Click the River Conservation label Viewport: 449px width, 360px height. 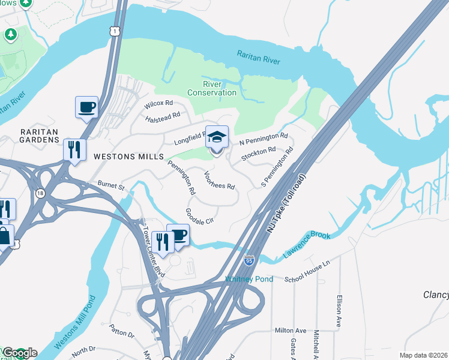[x=211, y=88]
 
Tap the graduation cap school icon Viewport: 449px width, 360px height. [x=217, y=138]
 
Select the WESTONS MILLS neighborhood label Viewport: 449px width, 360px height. [x=128, y=157]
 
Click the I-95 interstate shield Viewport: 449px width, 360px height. [x=249, y=260]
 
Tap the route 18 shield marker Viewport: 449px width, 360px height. [x=40, y=193]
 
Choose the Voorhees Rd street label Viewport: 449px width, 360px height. [x=219, y=181]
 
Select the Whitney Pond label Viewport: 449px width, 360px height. [x=249, y=279]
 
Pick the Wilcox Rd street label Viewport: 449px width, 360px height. [x=158, y=104]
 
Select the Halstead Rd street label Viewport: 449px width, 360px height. [x=163, y=116]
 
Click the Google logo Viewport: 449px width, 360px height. [x=19, y=353]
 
